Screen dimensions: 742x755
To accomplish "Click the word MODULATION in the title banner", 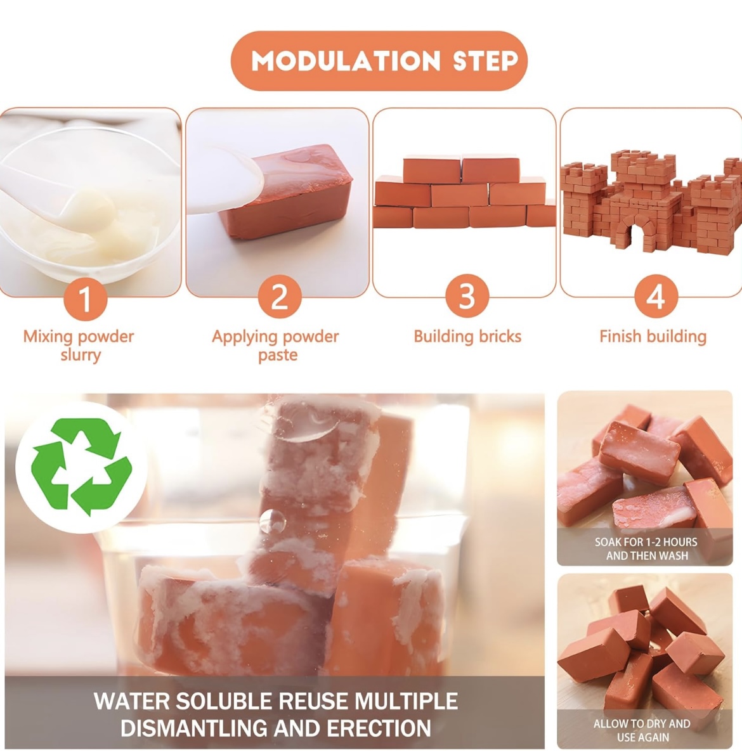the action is point(346,61).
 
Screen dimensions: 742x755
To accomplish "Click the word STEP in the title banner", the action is point(486,61).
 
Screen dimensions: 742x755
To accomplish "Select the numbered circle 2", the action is point(280,297).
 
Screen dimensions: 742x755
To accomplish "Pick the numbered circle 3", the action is point(466,296).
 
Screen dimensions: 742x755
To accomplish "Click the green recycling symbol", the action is point(81,467).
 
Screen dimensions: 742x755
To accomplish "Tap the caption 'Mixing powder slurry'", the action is point(79,345).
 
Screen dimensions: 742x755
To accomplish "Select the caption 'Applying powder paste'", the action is point(276,345).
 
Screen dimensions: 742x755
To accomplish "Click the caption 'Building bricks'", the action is point(468,336).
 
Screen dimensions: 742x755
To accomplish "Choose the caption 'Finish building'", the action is point(653,336).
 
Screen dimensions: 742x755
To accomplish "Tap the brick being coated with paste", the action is point(287,193).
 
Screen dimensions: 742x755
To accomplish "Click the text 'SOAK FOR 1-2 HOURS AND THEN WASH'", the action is point(646,549).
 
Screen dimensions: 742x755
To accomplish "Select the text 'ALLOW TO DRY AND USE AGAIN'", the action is point(642,730).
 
